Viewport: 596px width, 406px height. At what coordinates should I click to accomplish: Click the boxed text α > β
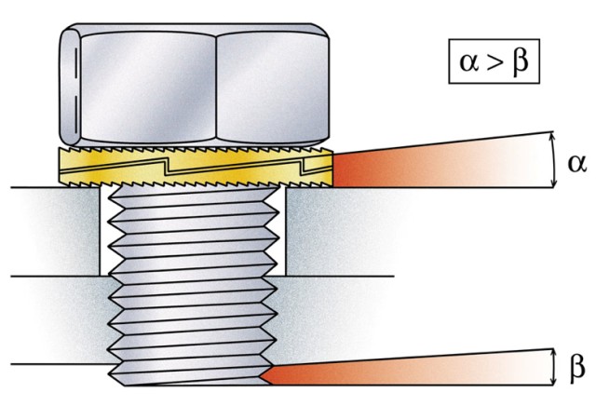point(494,64)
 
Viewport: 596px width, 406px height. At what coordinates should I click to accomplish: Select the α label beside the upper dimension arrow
point(576,163)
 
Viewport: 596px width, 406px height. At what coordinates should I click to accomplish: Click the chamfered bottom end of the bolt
point(186,379)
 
